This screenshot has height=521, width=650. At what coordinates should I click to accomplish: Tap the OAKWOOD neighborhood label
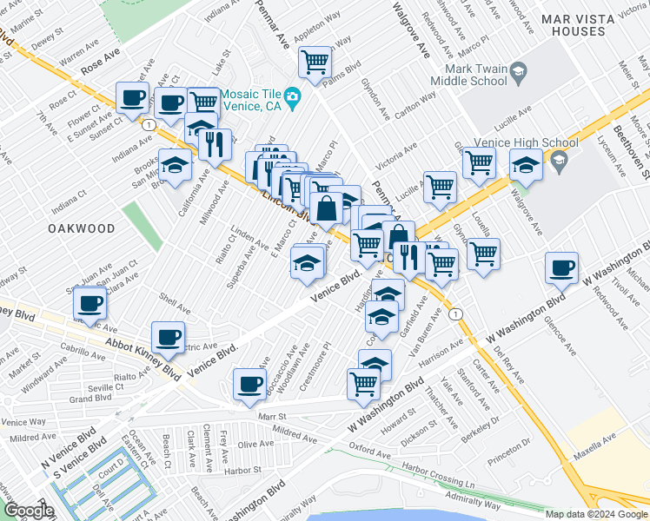point(81,228)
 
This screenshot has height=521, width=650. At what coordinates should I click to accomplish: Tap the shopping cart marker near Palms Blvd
point(314,62)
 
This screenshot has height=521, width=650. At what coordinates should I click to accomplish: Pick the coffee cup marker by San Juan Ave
point(90,304)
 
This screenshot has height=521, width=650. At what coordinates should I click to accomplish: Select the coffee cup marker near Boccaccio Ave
point(250,383)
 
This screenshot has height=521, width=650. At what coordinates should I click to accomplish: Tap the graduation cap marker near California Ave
point(176,165)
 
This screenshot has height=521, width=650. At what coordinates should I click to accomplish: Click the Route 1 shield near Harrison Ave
point(454,313)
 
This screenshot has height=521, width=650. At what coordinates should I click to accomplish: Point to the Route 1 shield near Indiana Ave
point(149,126)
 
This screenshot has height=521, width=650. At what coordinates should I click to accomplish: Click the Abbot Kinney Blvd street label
point(144,354)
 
